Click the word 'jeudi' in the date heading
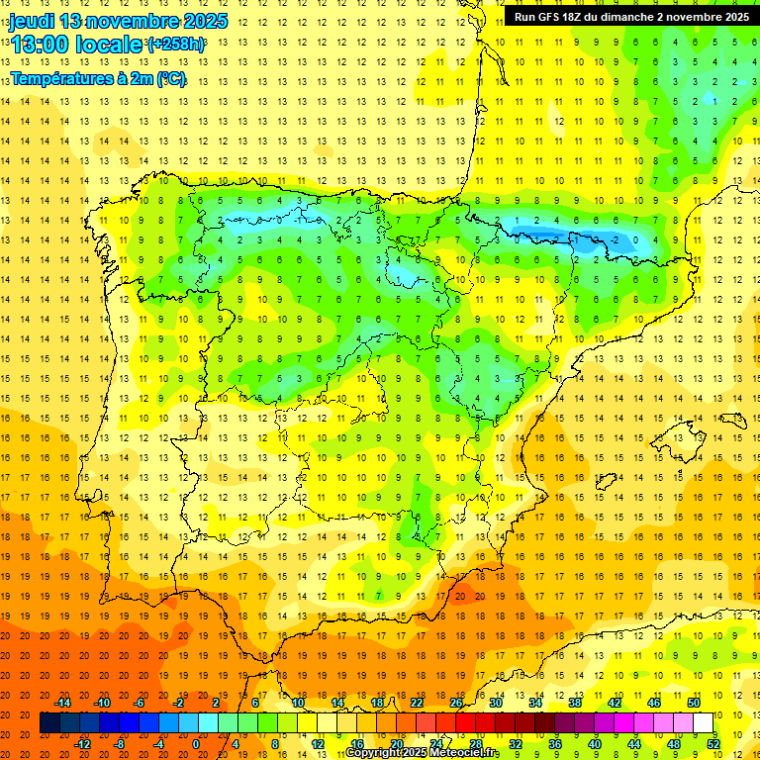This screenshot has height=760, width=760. [32, 21]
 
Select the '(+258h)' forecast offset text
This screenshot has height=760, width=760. [176, 45]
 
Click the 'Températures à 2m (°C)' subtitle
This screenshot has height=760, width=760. [98, 78]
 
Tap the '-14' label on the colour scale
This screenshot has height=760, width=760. [63, 703]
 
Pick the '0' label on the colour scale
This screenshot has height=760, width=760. [196, 744]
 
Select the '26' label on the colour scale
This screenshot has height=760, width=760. [456, 703]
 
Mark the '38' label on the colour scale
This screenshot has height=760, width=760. [574, 703]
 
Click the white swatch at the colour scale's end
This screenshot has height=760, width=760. [703, 723]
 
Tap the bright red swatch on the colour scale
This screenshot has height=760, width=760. [466, 723]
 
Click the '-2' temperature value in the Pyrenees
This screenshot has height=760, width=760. [615, 239]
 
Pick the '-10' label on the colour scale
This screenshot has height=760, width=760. [102, 703]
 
